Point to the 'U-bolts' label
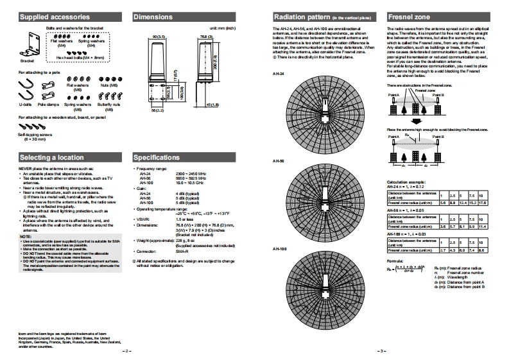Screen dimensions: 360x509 click(x=26, y=103)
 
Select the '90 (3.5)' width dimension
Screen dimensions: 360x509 click(x=160, y=37)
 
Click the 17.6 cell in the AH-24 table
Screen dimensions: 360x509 click(x=482, y=202)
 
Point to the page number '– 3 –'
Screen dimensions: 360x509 click(x=380, y=351)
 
